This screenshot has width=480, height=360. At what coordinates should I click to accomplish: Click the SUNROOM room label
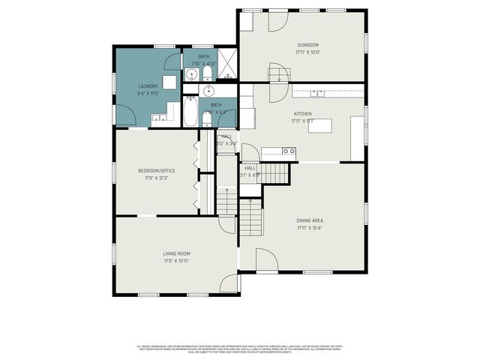[308, 45]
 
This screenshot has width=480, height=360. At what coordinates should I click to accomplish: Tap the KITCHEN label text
[302, 114]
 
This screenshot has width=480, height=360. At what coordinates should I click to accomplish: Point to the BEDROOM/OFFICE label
[156, 171]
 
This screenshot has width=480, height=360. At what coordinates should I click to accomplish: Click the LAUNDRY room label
[148, 86]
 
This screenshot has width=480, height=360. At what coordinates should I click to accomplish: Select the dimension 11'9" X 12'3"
[156, 178]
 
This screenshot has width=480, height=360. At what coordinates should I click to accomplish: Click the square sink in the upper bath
[190, 74]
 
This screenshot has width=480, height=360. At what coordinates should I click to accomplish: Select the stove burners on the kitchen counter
[288, 151]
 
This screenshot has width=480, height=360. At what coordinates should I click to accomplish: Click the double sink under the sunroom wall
[319, 93]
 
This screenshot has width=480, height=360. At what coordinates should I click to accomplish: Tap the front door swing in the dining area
[266, 259]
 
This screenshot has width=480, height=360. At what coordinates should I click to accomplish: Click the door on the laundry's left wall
[124, 114]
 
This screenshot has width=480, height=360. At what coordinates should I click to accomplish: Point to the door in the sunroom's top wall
[277, 20]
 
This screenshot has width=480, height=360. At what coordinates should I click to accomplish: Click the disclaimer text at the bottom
[240, 349]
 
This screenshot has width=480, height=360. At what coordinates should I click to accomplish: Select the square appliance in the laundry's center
[170, 82]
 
